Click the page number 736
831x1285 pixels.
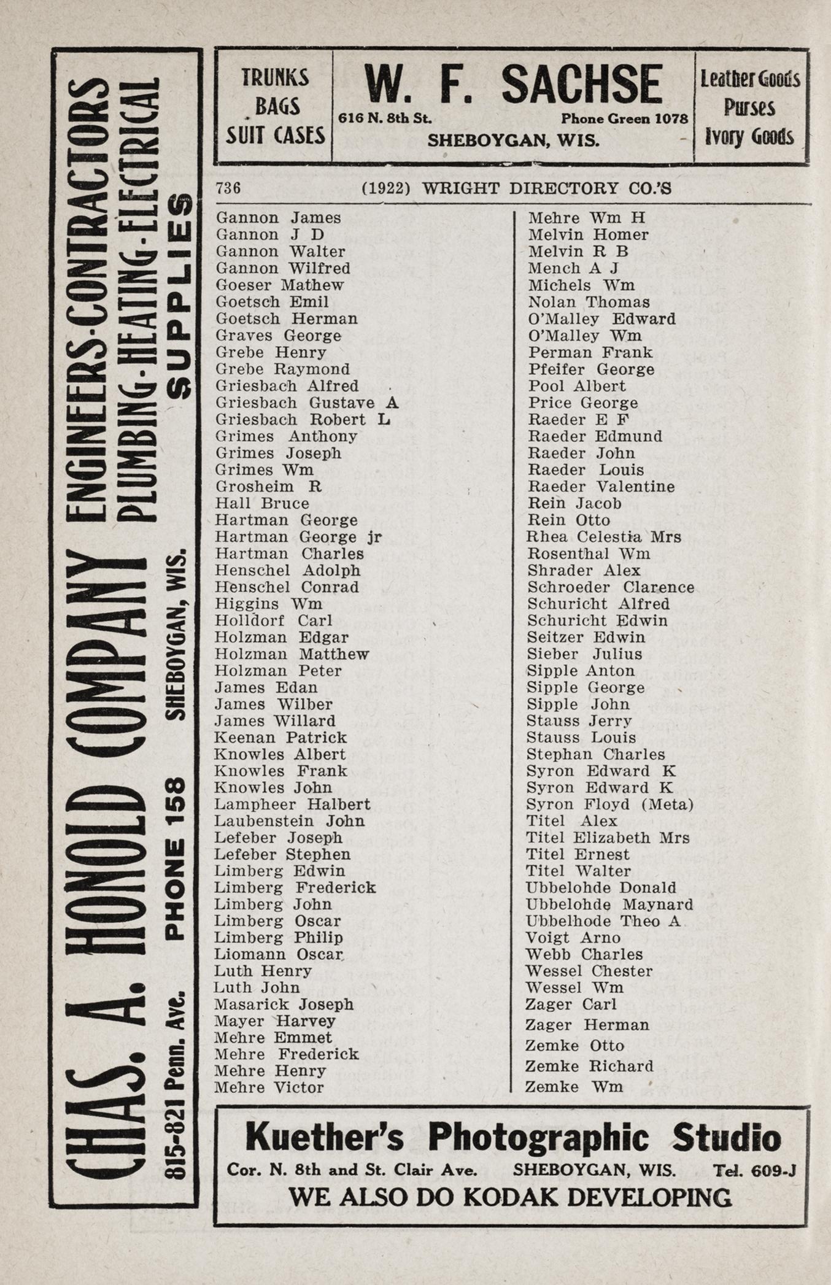point(228,188)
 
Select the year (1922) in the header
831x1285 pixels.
point(386,188)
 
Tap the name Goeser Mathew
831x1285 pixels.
point(279,285)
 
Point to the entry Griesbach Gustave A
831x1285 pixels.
point(306,403)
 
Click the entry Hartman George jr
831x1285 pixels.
point(298,537)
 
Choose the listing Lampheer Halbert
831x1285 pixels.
point(292,805)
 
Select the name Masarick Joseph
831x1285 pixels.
point(284,1005)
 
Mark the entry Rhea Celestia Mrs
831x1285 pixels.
point(604,537)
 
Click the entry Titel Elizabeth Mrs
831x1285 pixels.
point(608,838)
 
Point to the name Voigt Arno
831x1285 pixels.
point(573,938)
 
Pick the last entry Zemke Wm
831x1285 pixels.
point(574,1087)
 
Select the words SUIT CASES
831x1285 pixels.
point(275,135)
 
